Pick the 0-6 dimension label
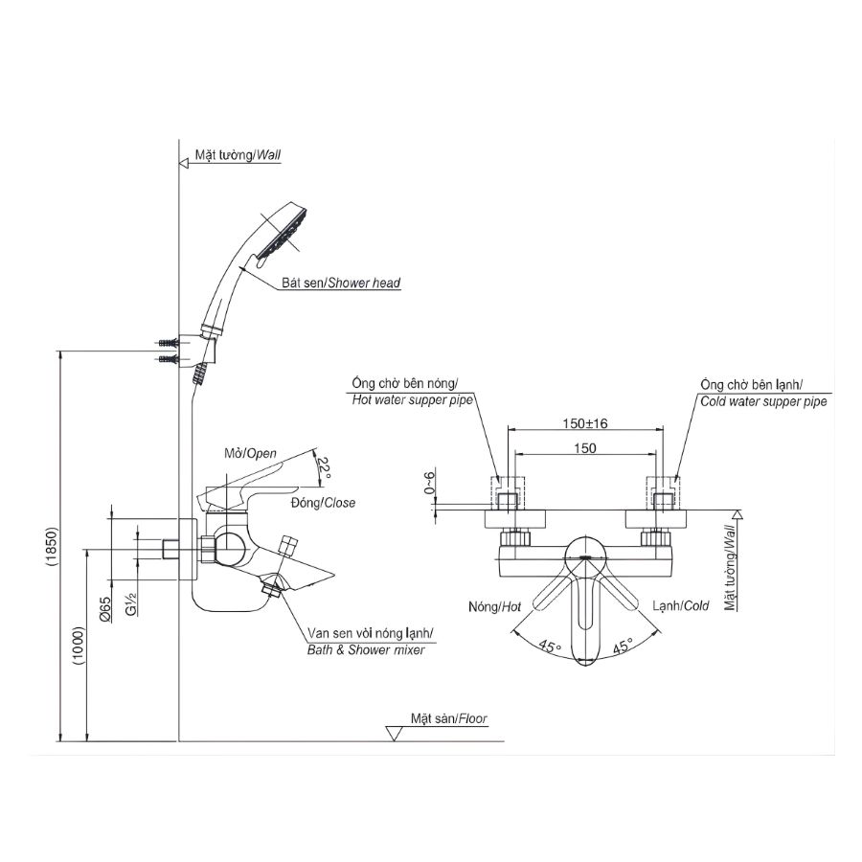point(430,486)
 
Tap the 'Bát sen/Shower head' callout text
point(341,284)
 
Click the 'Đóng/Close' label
point(322,502)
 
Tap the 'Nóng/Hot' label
point(495,606)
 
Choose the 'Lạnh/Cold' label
point(681,606)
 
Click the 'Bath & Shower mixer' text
point(365,650)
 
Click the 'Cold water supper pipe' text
point(763,401)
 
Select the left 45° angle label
point(548,647)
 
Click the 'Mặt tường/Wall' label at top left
point(238,154)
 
